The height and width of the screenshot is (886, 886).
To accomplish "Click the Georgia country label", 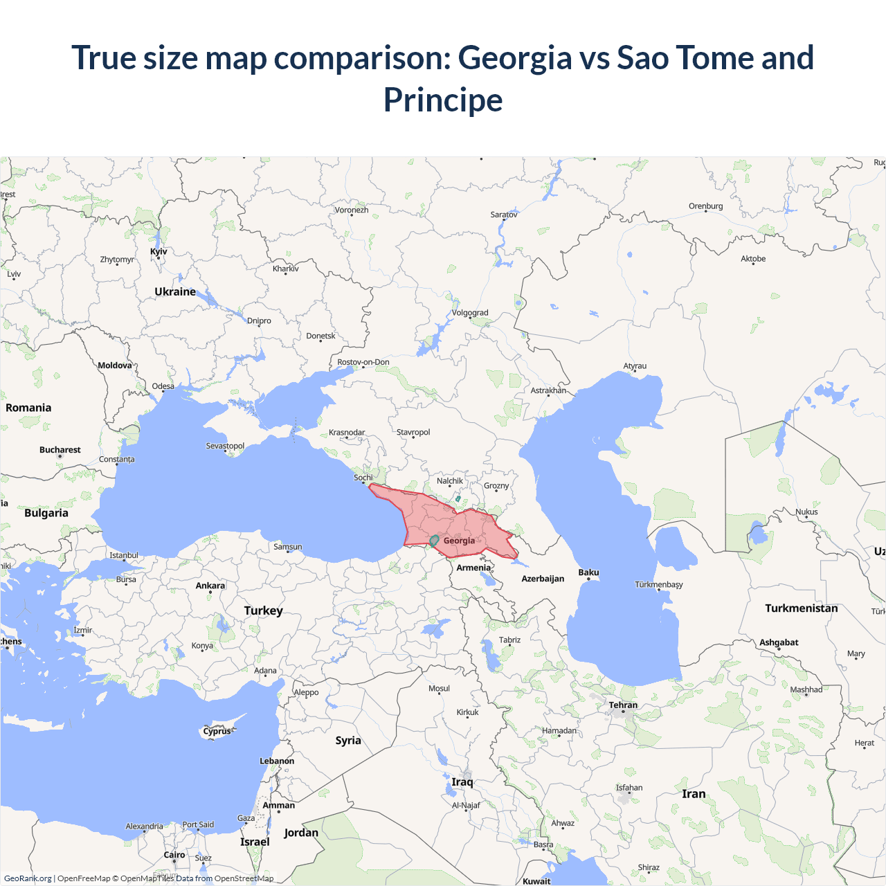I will tap(459, 541).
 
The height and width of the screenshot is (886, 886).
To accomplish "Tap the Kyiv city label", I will tap(159, 251).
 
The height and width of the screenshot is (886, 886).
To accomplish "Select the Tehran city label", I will tap(623, 705).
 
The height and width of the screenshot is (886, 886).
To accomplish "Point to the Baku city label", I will tap(588, 572).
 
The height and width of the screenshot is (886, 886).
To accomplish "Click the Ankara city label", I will tap(210, 586).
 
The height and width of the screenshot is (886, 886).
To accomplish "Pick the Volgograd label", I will tap(470, 313).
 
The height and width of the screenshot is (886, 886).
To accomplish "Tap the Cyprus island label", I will tap(217, 731).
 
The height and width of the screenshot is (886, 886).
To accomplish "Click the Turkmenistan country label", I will tap(801, 608).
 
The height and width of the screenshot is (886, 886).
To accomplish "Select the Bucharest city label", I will tap(60, 450).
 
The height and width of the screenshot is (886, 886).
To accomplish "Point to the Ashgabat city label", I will tap(779, 642).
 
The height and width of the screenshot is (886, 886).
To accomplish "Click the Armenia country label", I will tap(473, 568).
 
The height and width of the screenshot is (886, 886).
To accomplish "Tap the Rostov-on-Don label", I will tap(363, 362).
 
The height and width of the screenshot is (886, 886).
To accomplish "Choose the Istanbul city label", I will tap(124, 555).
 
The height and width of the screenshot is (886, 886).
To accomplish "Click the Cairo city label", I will tap(174, 855).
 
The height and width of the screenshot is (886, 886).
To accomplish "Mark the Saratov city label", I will tap(504, 215).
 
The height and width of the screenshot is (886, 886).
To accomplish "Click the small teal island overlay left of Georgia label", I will tap(434, 540).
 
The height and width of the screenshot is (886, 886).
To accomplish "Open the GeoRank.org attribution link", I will tap(28, 878).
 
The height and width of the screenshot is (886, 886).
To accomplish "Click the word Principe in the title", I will tap(443, 100).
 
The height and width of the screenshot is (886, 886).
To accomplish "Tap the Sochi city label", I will tap(363, 478).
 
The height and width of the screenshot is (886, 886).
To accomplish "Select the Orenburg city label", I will tap(705, 206).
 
